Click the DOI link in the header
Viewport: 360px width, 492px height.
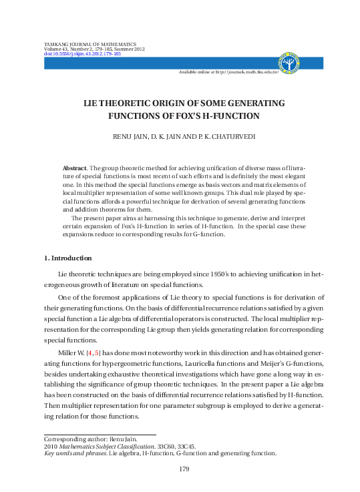point(82,53)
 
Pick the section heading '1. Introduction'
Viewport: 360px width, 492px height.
point(65,258)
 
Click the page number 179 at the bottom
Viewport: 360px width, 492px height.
point(180,470)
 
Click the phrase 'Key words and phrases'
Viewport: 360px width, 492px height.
point(66,453)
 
